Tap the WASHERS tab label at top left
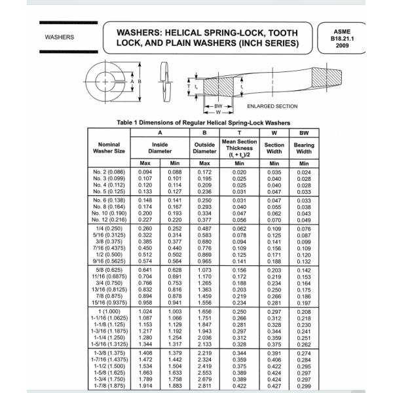click(x=60, y=37)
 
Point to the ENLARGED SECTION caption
click(x=272, y=106)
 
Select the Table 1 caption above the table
click(x=203, y=122)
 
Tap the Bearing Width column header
click(x=304, y=148)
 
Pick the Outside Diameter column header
click(x=204, y=148)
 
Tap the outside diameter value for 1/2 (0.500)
click(x=204, y=254)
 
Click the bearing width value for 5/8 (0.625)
click(x=304, y=270)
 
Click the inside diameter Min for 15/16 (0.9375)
click(x=175, y=303)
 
